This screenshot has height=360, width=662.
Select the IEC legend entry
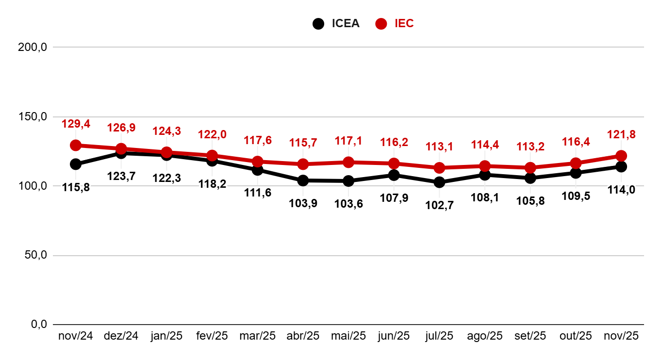coord(396,23)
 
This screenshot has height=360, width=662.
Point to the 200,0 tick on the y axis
coord(32,48)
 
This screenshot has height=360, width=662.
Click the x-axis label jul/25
coord(439,336)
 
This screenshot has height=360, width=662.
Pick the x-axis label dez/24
coord(121,336)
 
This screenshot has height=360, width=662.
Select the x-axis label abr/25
coord(303,336)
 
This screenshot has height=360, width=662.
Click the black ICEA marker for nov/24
coord(76,164)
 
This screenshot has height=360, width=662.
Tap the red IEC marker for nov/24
coord(76,145)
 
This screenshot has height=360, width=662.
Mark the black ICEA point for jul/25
coord(439,182)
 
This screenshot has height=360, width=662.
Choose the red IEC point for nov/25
coord(621,156)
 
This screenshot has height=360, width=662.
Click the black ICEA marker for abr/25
coord(303,180)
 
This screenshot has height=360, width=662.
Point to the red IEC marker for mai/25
coord(348,162)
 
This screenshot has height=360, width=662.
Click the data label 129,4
coord(76,124)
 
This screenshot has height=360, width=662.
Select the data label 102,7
coord(439,205)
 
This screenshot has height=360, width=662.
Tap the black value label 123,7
coord(121,176)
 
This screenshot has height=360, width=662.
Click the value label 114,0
coord(621,190)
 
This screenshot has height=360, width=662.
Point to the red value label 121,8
coord(621,135)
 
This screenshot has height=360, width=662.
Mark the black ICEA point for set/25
coord(530,178)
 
